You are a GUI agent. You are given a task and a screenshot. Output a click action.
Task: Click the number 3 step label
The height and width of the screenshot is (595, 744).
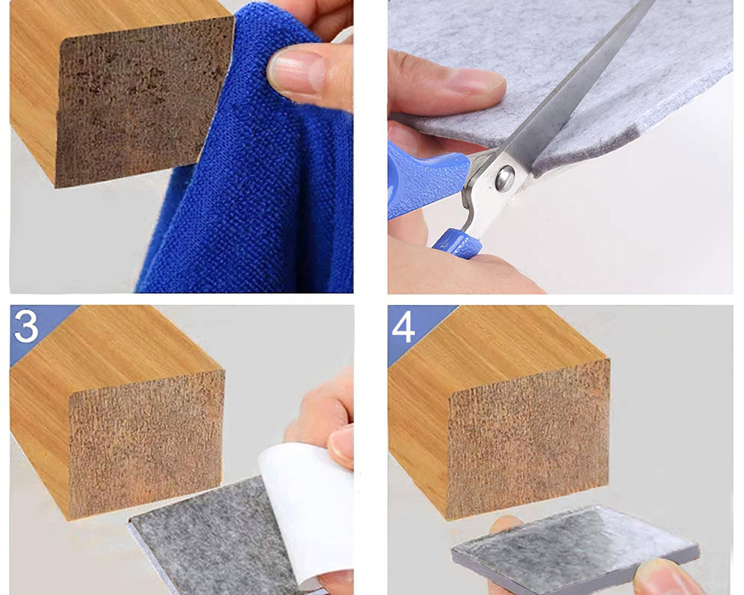[x=26, y=325]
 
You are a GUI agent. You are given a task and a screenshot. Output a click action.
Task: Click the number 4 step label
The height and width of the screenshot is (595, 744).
[x=403, y=325]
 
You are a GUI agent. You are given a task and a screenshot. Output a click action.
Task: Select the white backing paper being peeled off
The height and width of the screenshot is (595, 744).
[x=301, y=506]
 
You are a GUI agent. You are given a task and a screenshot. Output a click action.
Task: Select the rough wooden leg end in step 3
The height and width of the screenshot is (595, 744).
[x=145, y=447]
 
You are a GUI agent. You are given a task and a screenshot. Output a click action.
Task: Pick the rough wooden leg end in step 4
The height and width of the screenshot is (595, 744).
[x=530, y=436]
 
